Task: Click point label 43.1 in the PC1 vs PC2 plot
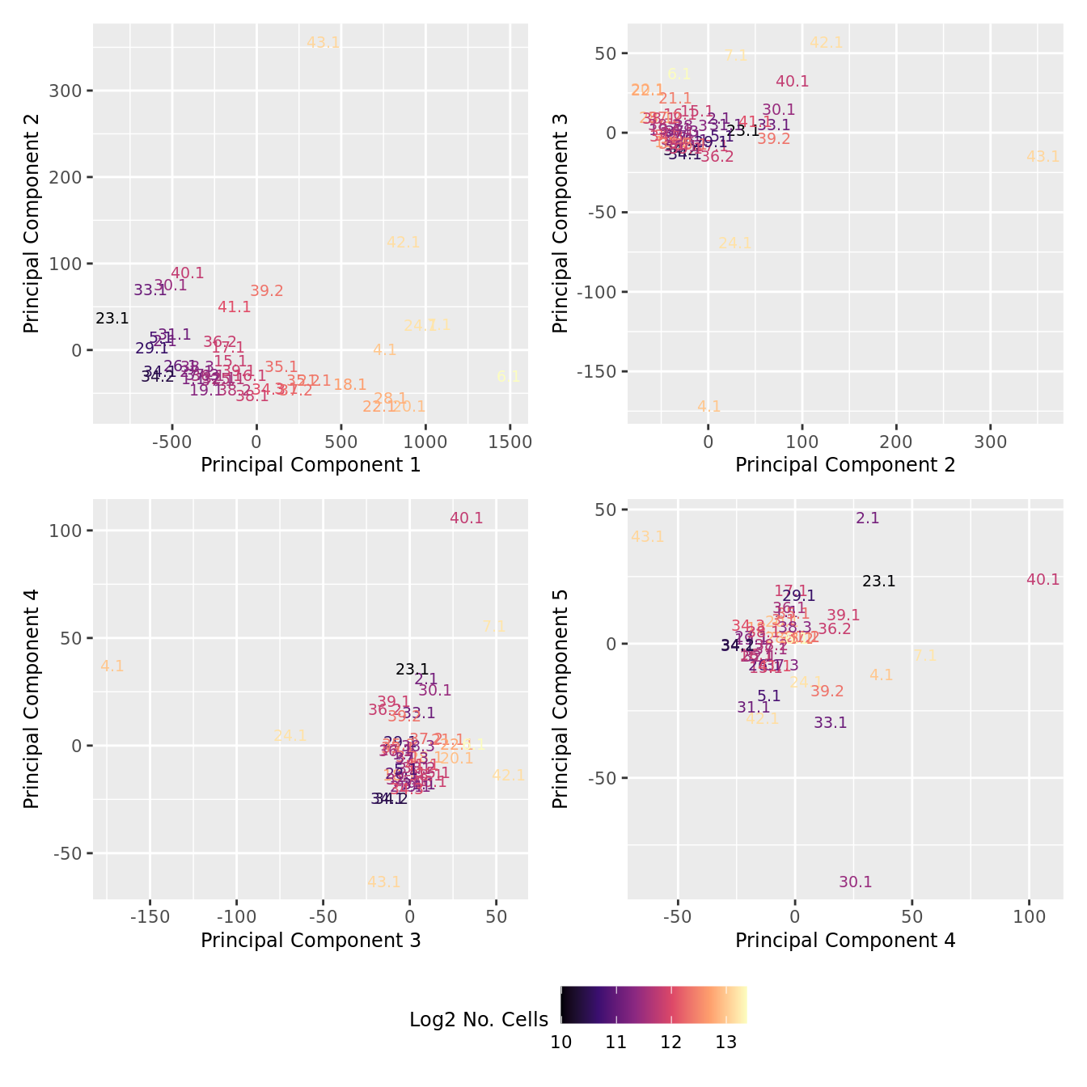point(324,43)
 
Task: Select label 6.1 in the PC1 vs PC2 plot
point(508,377)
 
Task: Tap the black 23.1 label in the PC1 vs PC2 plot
point(112,319)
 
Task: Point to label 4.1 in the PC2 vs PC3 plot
point(708,407)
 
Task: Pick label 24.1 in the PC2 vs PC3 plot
point(735,243)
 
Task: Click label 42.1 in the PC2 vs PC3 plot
point(827,44)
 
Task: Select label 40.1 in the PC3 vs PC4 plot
point(467,518)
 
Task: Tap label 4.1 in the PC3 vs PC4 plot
point(112,666)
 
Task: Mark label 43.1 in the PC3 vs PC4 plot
point(384,882)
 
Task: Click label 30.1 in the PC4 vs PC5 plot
point(856,882)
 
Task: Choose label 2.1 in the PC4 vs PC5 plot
point(868,518)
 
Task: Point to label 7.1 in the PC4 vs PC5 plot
point(925,657)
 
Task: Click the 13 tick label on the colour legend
point(726,1043)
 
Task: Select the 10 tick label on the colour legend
point(561,1043)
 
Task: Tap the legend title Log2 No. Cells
point(479,1020)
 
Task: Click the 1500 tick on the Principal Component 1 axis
point(510,442)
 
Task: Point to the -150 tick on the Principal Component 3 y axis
point(597,372)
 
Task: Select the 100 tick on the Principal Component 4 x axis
point(1029,918)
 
